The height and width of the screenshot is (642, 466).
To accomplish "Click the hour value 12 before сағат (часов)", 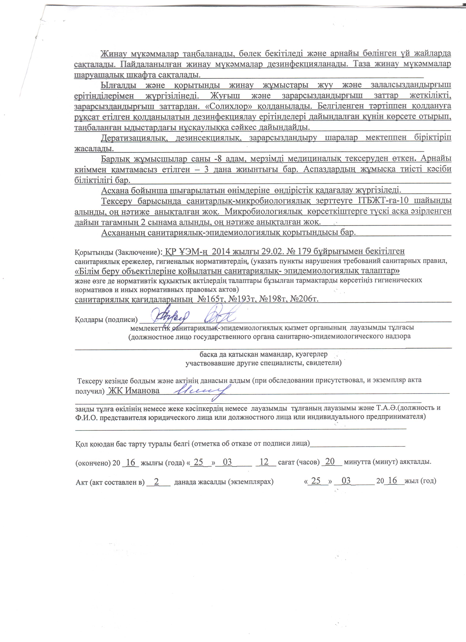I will tap(264, 462).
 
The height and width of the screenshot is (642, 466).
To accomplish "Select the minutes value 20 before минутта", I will tap(330, 462).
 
